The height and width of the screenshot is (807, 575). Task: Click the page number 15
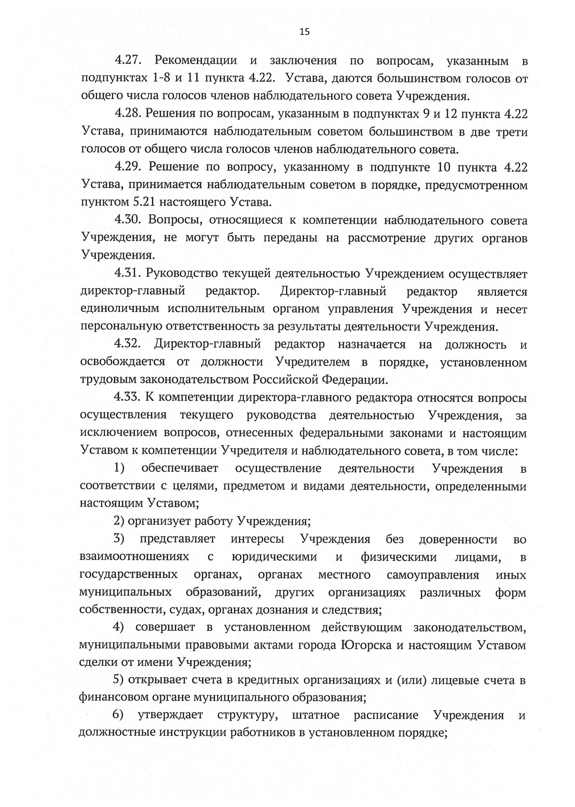[304, 32]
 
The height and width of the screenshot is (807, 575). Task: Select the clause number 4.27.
[128, 61]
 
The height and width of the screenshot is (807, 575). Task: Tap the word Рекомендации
[196, 61]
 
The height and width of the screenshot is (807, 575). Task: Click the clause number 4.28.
[128, 114]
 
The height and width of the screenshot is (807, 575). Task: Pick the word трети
[512, 132]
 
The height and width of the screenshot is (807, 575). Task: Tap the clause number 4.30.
[128, 220]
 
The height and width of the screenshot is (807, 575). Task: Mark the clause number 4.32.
[128, 344]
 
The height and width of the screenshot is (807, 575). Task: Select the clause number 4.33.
[128, 398]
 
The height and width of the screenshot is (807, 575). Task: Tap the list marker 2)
[120, 521]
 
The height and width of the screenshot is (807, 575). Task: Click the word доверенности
[458, 539]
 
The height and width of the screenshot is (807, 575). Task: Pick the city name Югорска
[366, 645]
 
